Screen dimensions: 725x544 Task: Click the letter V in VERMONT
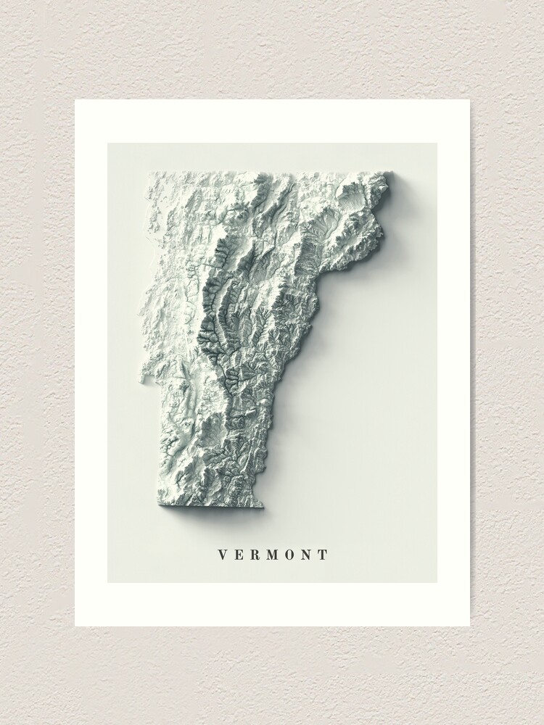[223, 555]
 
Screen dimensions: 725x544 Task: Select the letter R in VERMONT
[253, 555]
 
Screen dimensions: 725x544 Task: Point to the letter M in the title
[270, 555]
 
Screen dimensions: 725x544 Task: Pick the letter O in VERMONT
[288, 555]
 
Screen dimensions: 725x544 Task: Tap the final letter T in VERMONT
[322, 555]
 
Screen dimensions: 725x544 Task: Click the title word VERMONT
[273, 555]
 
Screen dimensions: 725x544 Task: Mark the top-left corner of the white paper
[75, 100]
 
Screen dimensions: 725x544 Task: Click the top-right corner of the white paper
[469, 100]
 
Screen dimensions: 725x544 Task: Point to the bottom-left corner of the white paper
[75, 626]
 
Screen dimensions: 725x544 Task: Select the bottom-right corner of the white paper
[469, 626]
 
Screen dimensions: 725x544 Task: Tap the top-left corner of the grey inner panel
[108, 144]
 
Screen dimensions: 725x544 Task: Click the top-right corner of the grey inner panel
[437, 144]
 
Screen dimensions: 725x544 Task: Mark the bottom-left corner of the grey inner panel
[108, 582]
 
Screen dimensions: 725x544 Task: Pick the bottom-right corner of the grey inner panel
[437, 582]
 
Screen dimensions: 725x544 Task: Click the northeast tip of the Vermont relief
[392, 173]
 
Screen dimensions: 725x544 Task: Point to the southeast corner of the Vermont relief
[261, 506]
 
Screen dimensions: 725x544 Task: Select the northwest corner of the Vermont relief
[150, 175]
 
